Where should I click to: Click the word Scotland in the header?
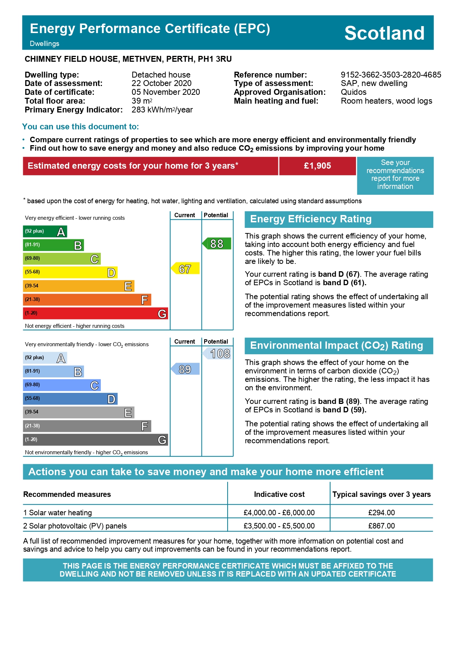tap(384, 33)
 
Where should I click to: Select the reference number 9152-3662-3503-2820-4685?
tap(391, 75)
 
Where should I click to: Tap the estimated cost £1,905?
tap(317, 166)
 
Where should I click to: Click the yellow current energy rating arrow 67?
tap(185, 269)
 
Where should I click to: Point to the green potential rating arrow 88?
tap(217, 244)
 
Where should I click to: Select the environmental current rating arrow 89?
tap(185, 369)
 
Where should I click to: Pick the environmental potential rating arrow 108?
tap(217, 354)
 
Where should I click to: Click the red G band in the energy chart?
tap(95, 313)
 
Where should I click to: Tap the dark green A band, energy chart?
tap(45, 232)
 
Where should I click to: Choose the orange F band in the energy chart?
tap(87, 300)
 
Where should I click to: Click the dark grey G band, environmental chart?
tap(95, 440)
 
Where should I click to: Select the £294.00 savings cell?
tap(381, 513)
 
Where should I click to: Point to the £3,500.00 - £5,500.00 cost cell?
tap(279, 526)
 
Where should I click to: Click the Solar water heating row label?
tap(58, 513)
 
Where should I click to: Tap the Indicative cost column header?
tap(279, 494)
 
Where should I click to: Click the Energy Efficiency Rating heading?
tap(311, 219)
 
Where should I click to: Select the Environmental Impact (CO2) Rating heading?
tap(336, 345)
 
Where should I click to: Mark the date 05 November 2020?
tap(166, 92)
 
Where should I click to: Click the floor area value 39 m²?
tap(142, 101)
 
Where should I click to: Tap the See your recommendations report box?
tap(395, 175)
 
